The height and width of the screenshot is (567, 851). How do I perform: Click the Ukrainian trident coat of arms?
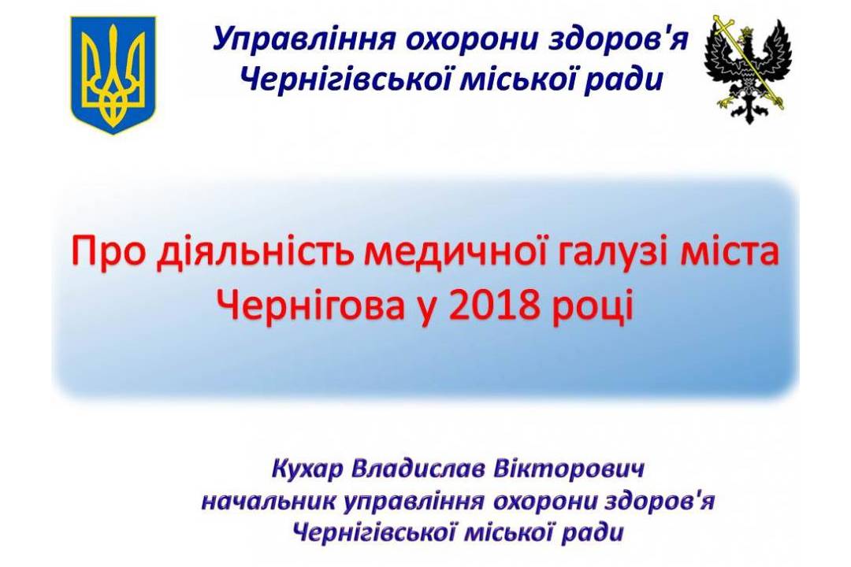coord(113,74)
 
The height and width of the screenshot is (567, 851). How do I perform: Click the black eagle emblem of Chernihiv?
coord(747,69)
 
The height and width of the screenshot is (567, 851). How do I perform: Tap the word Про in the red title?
coord(106,252)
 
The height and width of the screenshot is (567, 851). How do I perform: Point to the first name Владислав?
coord(418,469)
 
